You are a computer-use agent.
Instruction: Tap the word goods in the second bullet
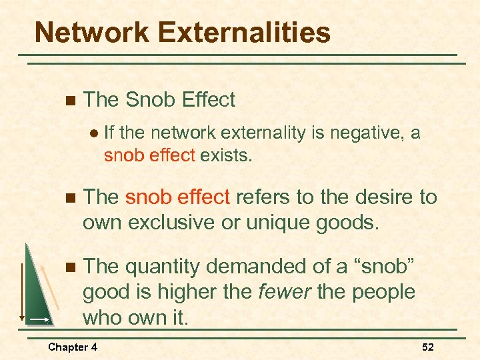pos(350,221)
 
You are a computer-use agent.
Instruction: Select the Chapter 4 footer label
pos(73,347)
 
